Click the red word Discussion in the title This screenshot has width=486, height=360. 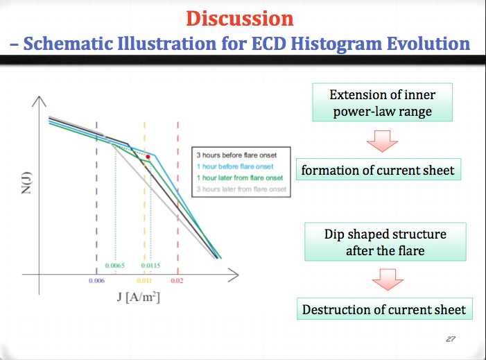click(240, 19)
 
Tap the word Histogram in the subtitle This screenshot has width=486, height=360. click(336, 44)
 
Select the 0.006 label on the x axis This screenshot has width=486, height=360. click(96, 281)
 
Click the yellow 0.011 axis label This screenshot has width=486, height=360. click(144, 281)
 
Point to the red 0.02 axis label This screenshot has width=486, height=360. click(177, 281)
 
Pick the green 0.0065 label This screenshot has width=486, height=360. click(114, 266)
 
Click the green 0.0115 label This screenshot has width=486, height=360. click(150, 266)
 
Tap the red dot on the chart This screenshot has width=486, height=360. click(148, 157)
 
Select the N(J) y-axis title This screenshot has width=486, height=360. click(26, 183)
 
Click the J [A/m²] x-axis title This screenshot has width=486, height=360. click(139, 297)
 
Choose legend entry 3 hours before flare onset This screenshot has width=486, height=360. click(236, 155)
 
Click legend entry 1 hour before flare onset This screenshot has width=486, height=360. click(235, 166)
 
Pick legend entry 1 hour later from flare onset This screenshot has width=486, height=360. click(240, 178)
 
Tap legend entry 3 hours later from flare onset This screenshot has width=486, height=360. click(241, 189)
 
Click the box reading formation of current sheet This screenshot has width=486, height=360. click(379, 169)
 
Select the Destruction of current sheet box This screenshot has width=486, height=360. click(385, 309)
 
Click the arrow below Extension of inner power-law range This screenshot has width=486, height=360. click(382, 141)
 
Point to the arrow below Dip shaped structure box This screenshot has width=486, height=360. click(388, 280)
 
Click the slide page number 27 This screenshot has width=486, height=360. click(451, 339)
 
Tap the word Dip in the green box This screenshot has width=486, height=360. click(334, 234)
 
